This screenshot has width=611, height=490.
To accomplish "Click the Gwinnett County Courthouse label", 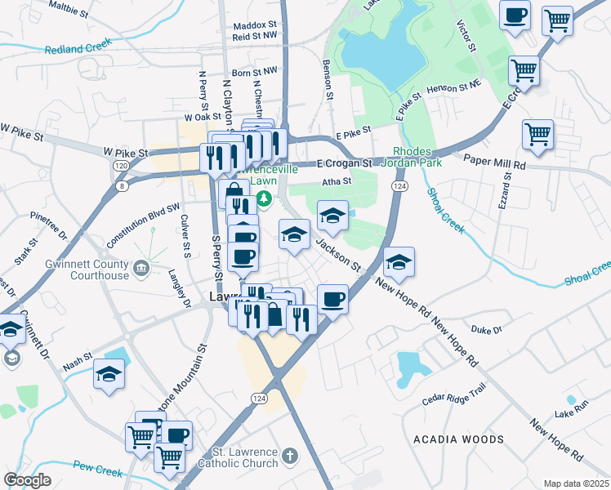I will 89,269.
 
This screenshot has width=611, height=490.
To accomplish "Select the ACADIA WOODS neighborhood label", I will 458,439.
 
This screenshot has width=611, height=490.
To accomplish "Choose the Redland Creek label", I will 78,49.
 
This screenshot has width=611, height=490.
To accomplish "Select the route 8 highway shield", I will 123,186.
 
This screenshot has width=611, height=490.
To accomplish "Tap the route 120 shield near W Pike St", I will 121,165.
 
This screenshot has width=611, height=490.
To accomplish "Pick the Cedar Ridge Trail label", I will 454,395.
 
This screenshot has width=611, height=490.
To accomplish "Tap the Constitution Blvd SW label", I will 142,226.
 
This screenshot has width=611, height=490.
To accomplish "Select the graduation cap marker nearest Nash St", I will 109,375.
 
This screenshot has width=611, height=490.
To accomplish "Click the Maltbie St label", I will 69,10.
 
